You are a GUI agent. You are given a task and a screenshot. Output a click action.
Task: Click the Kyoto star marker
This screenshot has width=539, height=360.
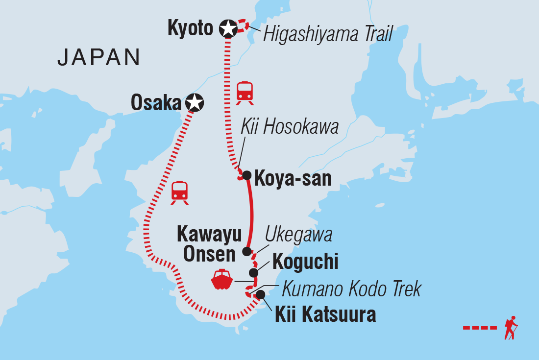coord(228,28)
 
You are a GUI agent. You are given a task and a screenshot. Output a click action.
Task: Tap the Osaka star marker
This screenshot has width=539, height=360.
coord(195,102)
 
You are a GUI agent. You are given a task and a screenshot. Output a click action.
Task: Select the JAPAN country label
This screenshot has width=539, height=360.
coord(98,58)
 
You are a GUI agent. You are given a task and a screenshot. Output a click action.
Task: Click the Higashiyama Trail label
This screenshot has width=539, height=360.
coord(328,34)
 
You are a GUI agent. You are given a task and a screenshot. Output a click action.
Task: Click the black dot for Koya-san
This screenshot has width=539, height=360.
coord(246,175)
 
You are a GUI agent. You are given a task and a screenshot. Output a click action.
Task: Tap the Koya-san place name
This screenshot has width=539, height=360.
coord(293,178)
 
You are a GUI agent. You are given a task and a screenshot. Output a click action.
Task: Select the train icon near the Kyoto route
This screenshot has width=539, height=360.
coord(245,93)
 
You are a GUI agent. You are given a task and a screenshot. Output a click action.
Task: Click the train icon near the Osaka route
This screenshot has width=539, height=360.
coord(179,192)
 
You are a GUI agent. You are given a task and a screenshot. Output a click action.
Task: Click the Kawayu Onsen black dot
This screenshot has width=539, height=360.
coord(246,252)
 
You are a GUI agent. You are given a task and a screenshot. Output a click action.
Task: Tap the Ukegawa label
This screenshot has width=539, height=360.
coord(298,235)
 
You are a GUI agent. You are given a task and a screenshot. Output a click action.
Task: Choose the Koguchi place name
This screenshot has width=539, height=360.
coord(305,262)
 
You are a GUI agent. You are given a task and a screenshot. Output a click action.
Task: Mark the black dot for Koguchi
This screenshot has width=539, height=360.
coord(253,273)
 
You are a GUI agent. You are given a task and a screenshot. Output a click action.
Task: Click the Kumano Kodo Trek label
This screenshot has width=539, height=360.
coord(351,289)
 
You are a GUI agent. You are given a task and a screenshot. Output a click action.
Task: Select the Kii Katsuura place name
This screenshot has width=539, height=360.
coord(325,314)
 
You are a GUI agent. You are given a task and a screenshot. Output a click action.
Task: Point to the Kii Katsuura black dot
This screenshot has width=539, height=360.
coord(261,294)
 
